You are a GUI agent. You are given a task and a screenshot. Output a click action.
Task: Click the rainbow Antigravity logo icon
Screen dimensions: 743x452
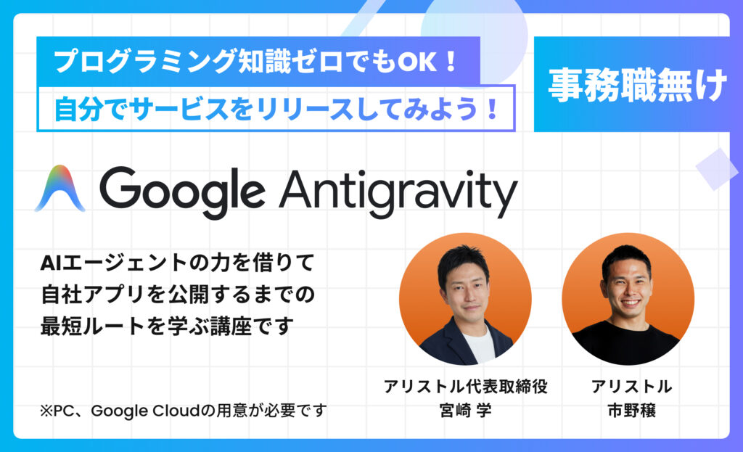pyautogui.click(x=59, y=189)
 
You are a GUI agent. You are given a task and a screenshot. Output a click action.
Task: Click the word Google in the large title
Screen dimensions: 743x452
pyautogui.click(x=182, y=192)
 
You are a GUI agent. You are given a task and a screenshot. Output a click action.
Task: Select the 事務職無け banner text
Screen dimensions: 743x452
pyautogui.click(x=637, y=86)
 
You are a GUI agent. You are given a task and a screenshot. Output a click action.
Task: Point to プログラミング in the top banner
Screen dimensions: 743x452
pyautogui.click(x=144, y=62)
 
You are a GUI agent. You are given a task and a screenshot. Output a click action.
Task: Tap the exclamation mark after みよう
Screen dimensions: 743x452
pyautogui.click(x=492, y=109)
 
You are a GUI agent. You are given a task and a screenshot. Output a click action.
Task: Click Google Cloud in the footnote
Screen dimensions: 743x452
pyautogui.click(x=145, y=411)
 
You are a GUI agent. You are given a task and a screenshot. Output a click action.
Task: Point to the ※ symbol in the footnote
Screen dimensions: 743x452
pyautogui.click(x=46, y=411)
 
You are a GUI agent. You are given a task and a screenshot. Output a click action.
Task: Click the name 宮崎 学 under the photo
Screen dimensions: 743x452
pyautogui.click(x=465, y=410)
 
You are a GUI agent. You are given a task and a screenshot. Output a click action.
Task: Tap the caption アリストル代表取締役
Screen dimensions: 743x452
pyautogui.click(x=465, y=386)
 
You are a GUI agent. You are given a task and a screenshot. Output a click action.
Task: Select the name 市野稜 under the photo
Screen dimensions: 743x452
pyautogui.click(x=631, y=410)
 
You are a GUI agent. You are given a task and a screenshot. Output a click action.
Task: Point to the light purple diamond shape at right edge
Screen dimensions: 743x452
pyautogui.click(x=716, y=169)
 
